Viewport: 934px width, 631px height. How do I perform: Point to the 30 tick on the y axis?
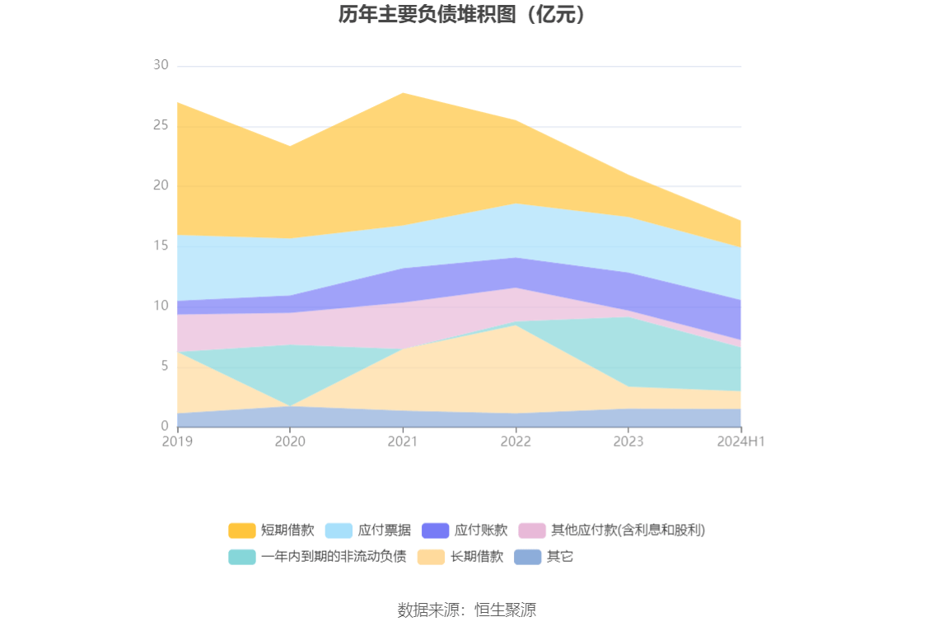161,66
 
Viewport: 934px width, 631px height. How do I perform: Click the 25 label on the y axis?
161,126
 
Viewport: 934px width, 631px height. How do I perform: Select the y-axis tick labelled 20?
161,186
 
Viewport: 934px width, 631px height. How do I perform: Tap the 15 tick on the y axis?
161,246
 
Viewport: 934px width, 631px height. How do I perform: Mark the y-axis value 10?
161,306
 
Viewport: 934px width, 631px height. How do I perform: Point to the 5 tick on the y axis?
164,367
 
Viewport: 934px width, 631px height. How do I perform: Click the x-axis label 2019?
177,442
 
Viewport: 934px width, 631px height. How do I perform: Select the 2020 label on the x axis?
290,442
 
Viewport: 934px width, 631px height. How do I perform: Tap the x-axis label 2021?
403,442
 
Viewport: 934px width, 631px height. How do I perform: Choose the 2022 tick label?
516,442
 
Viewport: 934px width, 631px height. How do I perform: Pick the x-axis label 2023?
628,442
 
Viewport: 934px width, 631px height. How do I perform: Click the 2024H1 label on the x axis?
741,442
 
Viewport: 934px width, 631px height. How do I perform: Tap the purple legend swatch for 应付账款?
435,531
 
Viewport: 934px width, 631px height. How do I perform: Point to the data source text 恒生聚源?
466,610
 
